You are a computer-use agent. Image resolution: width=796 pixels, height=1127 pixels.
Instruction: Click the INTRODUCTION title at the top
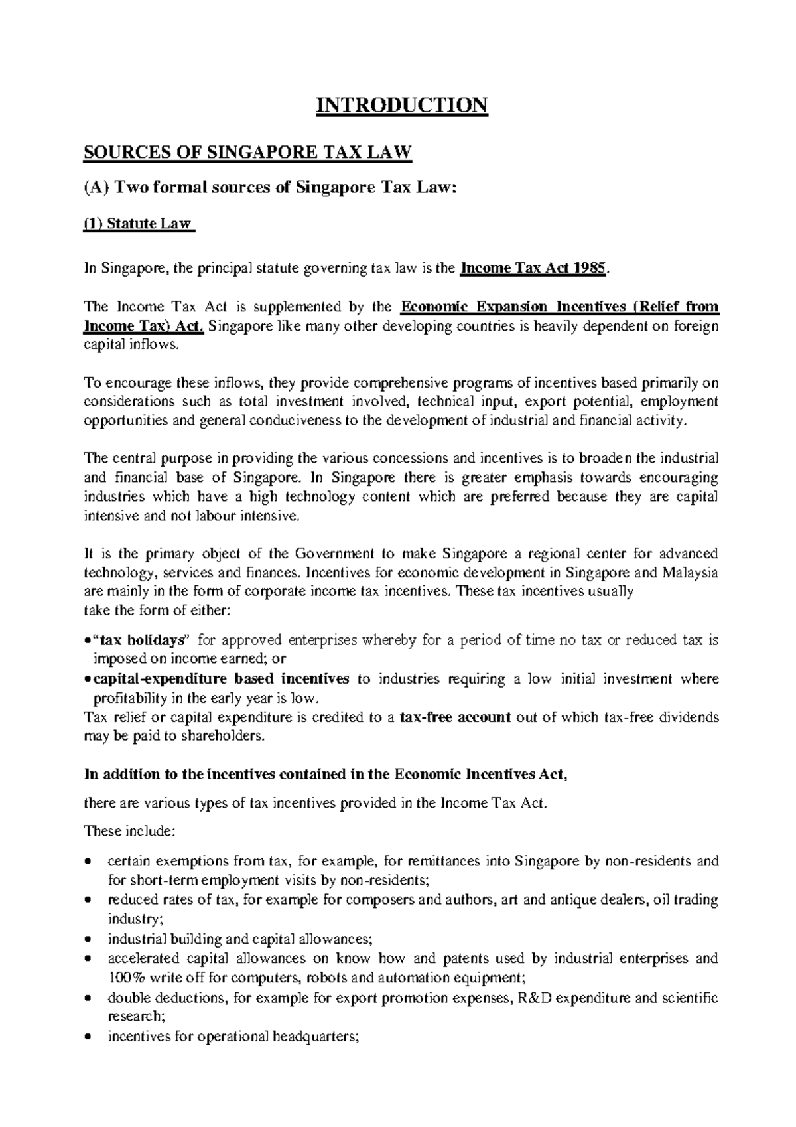click(x=401, y=105)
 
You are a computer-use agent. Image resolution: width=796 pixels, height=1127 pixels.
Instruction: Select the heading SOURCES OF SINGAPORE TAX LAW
click(x=247, y=153)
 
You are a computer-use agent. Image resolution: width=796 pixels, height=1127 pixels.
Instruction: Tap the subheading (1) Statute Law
click(x=138, y=225)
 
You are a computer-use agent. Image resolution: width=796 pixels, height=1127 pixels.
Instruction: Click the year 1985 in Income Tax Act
click(x=589, y=269)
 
